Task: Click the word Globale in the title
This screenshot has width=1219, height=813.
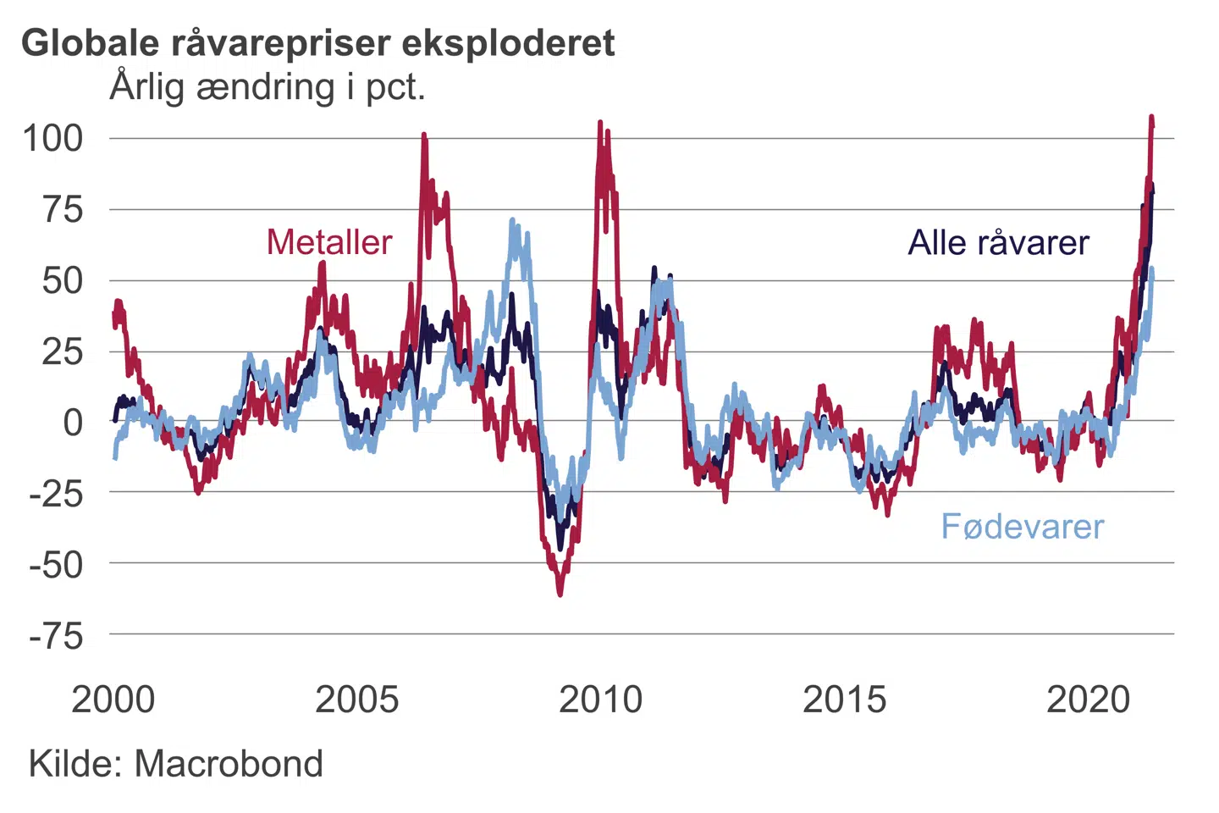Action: click(91, 42)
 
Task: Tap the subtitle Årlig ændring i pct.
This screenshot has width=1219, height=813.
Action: click(268, 87)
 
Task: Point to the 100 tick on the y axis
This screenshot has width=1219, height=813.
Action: click(52, 138)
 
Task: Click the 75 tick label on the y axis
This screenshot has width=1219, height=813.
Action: click(63, 209)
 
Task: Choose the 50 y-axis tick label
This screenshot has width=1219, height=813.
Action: click(63, 280)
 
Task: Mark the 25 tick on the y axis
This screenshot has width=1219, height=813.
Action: click(63, 351)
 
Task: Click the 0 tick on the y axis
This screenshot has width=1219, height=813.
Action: click(74, 422)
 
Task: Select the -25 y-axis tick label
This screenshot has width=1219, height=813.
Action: click(57, 493)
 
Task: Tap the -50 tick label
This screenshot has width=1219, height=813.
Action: click(57, 564)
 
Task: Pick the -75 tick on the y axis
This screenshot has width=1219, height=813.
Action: click(57, 635)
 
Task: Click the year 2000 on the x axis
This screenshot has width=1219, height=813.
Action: click(113, 700)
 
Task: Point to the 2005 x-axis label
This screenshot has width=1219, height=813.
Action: click(357, 700)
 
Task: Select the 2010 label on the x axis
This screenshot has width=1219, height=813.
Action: click(601, 700)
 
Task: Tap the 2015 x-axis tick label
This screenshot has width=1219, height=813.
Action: click(845, 700)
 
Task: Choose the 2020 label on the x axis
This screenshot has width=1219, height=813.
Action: click(1089, 700)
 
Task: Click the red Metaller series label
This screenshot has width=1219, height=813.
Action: click(329, 242)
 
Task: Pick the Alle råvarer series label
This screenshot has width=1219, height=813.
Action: click(999, 243)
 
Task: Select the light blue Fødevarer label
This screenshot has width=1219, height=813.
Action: click(1023, 527)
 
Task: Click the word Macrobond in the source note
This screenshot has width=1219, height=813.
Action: click(229, 764)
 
